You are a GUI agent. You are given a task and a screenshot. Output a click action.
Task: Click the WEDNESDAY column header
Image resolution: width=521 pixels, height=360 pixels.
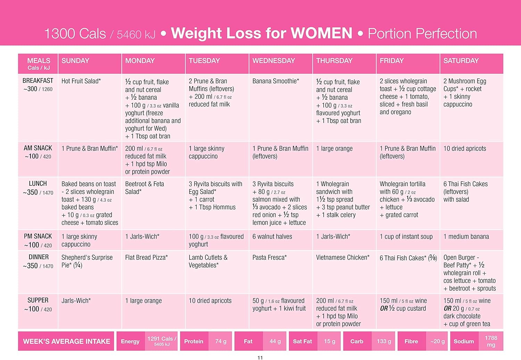[274, 61]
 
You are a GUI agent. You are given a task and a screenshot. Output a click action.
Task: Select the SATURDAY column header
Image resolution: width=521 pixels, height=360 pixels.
[461, 61]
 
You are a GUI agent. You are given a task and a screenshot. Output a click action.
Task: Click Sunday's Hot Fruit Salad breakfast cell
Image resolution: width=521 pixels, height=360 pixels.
[81, 81]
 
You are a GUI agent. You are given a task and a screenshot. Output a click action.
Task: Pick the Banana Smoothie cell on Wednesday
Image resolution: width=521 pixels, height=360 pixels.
[276, 81]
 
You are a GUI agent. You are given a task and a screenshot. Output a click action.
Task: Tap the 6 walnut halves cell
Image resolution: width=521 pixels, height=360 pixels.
[272, 237]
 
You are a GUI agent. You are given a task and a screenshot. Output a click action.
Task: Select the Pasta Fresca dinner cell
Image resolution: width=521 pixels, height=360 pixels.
[270, 258]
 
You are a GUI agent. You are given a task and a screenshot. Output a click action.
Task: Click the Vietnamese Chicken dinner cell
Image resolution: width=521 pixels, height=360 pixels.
[343, 258]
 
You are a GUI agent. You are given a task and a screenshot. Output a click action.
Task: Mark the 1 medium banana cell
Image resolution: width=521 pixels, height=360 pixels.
[466, 237]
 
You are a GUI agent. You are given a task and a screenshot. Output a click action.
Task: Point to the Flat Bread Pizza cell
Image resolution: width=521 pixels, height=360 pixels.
[147, 258]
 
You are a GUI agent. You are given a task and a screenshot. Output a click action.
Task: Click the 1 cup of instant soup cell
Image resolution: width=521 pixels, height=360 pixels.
[406, 237]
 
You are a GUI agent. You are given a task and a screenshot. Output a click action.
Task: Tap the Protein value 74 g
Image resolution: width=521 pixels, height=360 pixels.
[221, 342]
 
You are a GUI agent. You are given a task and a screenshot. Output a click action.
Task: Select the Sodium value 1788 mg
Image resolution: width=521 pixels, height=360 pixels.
[491, 341]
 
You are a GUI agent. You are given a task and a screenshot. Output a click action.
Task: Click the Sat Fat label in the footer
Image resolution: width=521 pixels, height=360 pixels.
[303, 342]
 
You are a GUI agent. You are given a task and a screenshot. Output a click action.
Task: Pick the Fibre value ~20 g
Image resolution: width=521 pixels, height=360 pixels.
[437, 342]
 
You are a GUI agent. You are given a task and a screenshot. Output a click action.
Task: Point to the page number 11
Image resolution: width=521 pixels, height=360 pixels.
[260, 358]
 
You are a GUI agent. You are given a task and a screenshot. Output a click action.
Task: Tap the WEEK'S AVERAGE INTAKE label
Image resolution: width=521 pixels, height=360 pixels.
[66, 342]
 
